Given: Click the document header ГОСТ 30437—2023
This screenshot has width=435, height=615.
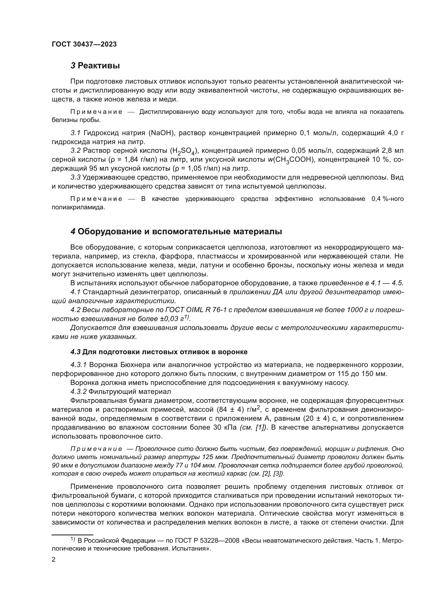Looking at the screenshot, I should [x=84, y=44].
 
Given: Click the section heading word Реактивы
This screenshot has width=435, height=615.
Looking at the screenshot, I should [x=99, y=66].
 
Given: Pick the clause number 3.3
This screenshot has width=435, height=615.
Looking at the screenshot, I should [x=75, y=177].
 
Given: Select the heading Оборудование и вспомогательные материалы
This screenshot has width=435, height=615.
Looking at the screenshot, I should [x=179, y=232].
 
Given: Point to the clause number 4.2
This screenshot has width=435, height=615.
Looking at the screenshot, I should [x=75, y=310].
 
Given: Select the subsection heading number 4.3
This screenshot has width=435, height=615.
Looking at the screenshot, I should [x=75, y=352].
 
